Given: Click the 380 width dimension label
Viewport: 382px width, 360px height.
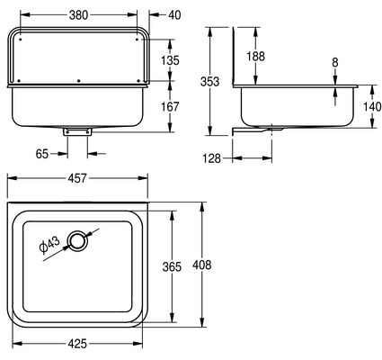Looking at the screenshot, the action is point(78,15).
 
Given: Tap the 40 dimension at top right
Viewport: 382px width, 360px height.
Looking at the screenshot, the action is point(174,15).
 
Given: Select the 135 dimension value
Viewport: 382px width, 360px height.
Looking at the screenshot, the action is point(170,60).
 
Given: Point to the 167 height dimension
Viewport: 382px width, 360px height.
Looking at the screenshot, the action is point(170,107).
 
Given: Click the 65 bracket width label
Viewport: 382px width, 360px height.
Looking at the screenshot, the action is point(42,154).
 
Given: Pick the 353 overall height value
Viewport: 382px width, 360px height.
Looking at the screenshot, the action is point(209,82).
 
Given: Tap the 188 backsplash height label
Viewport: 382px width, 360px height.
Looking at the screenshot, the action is point(255,56).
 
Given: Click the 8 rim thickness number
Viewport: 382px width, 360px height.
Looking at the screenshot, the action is point(335,62).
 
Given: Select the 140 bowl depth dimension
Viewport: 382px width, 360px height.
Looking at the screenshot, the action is point(372,106).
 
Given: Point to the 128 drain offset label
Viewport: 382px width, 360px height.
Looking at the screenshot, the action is point(212,158).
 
